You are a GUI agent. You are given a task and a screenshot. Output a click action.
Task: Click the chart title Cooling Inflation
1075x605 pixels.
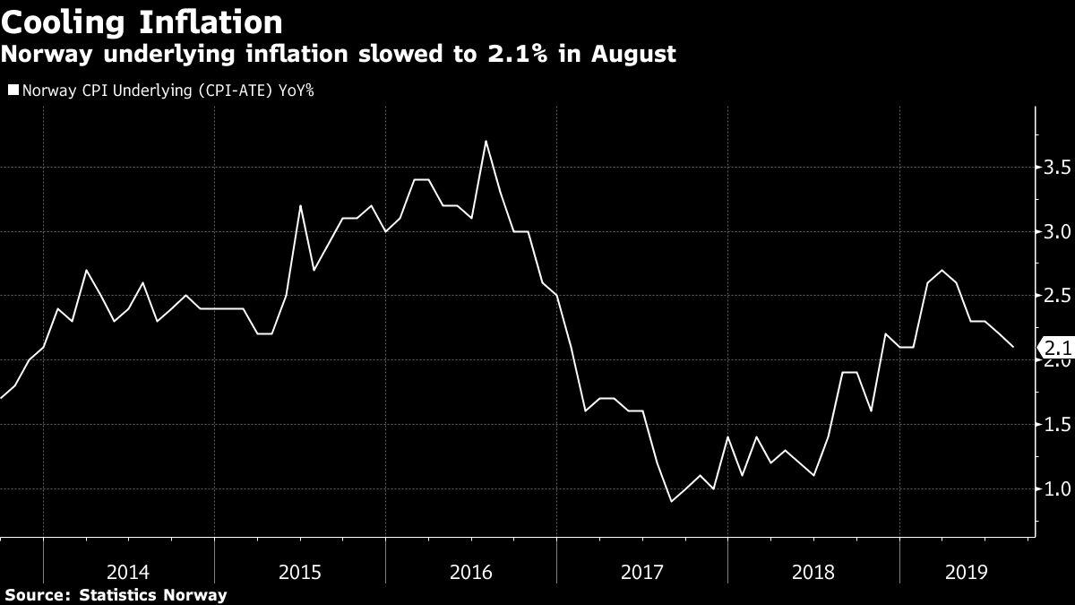[x=142, y=21]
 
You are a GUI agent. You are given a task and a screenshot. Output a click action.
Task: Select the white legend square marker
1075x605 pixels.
[x=13, y=90]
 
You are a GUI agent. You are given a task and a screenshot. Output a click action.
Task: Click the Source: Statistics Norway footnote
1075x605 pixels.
[x=116, y=594]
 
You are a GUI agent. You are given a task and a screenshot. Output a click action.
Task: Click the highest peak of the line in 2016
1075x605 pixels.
[x=486, y=141]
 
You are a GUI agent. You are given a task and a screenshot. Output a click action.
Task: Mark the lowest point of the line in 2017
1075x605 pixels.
[x=671, y=501]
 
